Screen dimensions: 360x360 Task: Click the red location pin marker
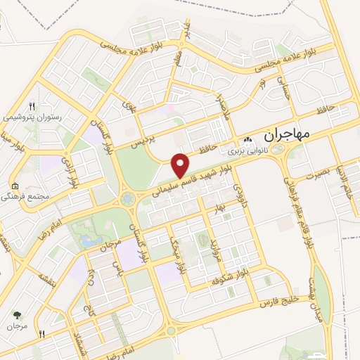pyautogui.click(x=181, y=165)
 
